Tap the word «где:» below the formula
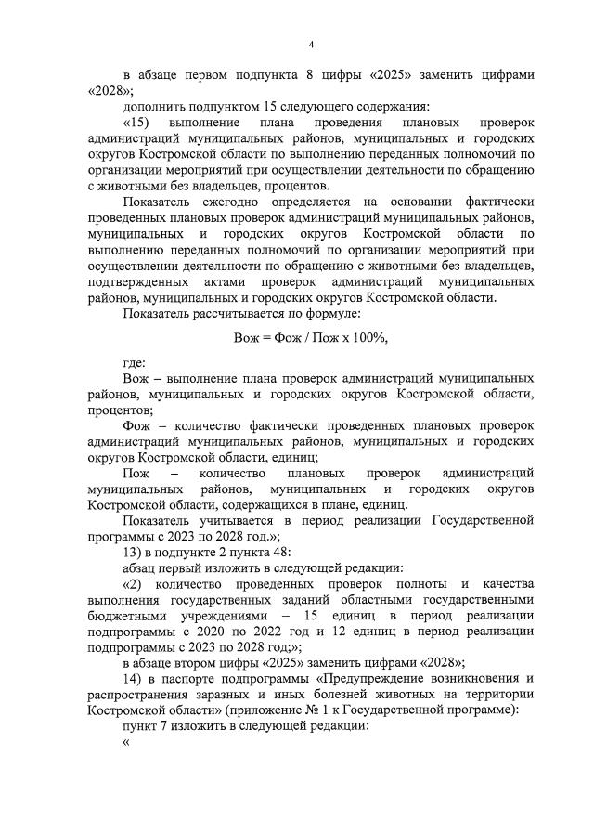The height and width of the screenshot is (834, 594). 134,363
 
